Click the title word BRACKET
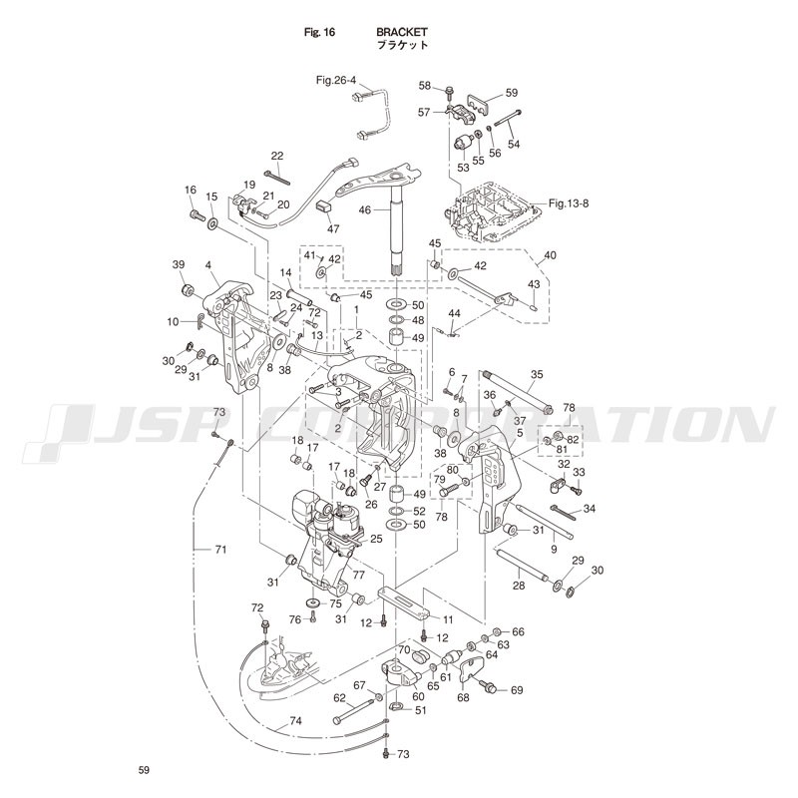[x=402, y=32]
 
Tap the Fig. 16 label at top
[x=319, y=32]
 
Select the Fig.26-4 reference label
[x=336, y=80]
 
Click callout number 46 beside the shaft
[x=366, y=210]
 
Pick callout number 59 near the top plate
[x=512, y=93]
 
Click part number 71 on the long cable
[x=221, y=550]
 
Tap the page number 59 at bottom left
[x=144, y=770]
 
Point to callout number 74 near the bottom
[x=295, y=721]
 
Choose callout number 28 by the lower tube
[x=519, y=586]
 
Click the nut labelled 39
[x=186, y=290]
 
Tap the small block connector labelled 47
[x=322, y=206]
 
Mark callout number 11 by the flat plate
[x=448, y=619]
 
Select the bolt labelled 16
[x=192, y=211]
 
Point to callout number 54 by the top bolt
[x=514, y=144]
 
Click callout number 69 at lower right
[x=517, y=690]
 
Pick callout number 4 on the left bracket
[x=208, y=265]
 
